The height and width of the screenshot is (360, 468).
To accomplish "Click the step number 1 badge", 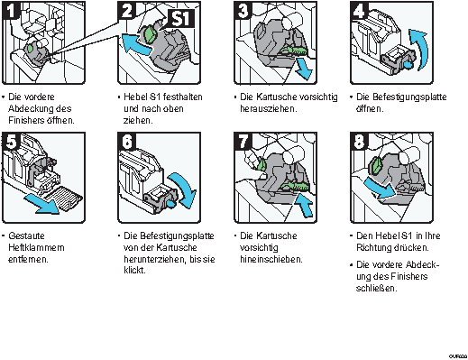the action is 11,10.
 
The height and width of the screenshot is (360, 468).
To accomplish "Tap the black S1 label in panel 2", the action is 179,18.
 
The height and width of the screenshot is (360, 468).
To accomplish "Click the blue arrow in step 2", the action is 136,43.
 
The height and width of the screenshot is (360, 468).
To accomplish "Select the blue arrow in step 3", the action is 304,69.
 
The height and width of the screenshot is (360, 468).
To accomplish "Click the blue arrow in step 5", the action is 42,204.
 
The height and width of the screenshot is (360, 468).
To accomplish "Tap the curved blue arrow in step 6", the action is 184,188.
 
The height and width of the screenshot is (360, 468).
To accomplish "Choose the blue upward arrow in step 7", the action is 305,205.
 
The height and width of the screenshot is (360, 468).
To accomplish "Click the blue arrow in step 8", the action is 380,188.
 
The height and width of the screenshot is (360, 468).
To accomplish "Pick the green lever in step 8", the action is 376,166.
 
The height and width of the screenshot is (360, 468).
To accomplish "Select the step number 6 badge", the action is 127,141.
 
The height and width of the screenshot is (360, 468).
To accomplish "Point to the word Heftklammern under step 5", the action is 36,247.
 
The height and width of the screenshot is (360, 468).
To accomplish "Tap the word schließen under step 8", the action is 376,288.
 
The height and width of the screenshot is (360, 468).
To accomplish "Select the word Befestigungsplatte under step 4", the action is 409,97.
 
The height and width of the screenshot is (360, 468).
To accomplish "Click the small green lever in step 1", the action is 30,48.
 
